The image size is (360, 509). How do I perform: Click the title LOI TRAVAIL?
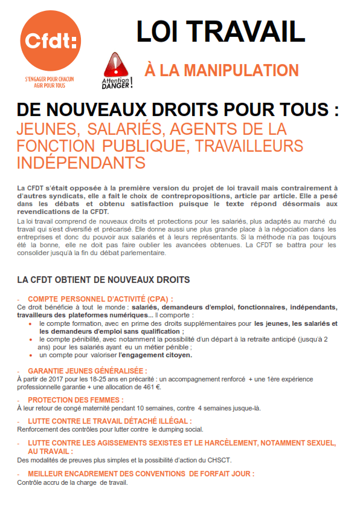click(x=220, y=31)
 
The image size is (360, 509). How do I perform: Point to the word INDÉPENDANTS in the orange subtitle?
click(x=82, y=163)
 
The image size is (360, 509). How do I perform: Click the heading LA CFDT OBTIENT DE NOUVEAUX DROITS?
click(x=103, y=280)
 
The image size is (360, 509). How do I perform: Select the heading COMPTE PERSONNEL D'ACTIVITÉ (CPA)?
click(x=100, y=299)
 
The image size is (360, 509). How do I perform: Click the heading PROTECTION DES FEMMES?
click(x=76, y=400)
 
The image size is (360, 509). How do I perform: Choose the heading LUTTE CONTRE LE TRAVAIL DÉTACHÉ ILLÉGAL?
click(x=109, y=421)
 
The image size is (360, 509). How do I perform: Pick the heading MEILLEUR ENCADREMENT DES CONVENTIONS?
click(x=141, y=474)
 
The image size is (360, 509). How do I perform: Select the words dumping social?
click(x=182, y=429)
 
